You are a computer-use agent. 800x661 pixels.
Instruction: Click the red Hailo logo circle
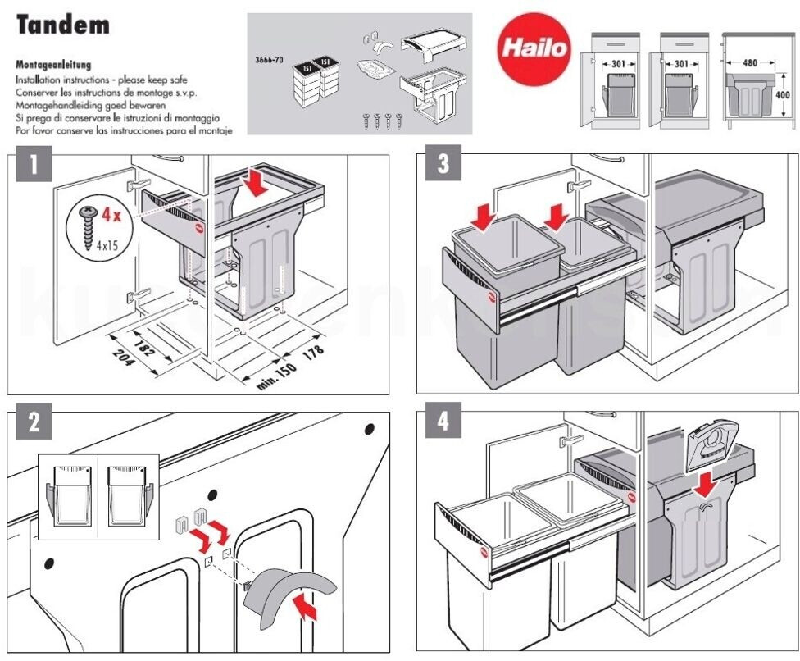point(534,48)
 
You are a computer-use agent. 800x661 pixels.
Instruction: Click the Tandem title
point(63,25)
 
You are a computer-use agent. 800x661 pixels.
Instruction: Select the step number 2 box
point(33,423)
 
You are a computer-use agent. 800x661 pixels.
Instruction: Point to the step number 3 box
point(443,164)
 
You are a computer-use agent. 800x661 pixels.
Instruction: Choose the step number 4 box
point(443,423)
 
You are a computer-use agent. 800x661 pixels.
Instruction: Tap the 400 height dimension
point(784,94)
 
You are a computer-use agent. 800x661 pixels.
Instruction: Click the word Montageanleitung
point(53,63)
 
